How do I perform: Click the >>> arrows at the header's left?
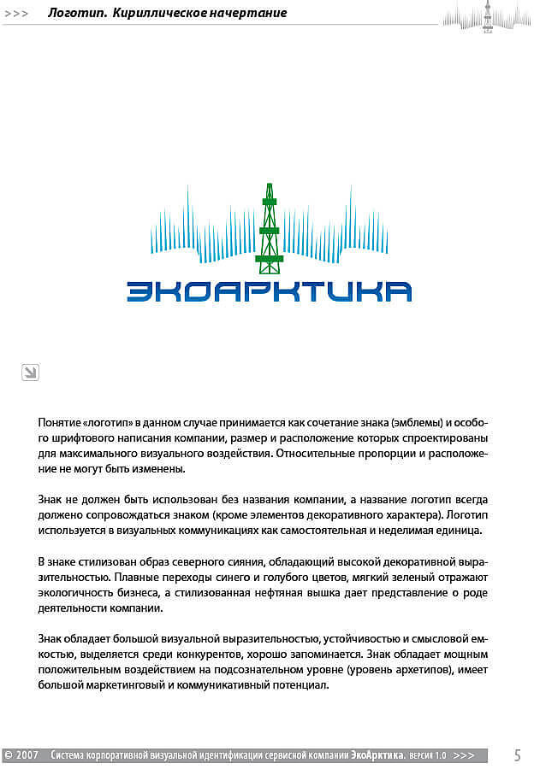(16, 14)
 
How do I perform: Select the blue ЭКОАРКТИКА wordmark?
(269, 291)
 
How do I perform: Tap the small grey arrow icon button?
(30, 372)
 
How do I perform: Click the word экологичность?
(74, 592)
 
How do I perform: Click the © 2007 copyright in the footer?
(22, 755)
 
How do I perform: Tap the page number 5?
(517, 755)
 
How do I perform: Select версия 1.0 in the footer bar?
(428, 756)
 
